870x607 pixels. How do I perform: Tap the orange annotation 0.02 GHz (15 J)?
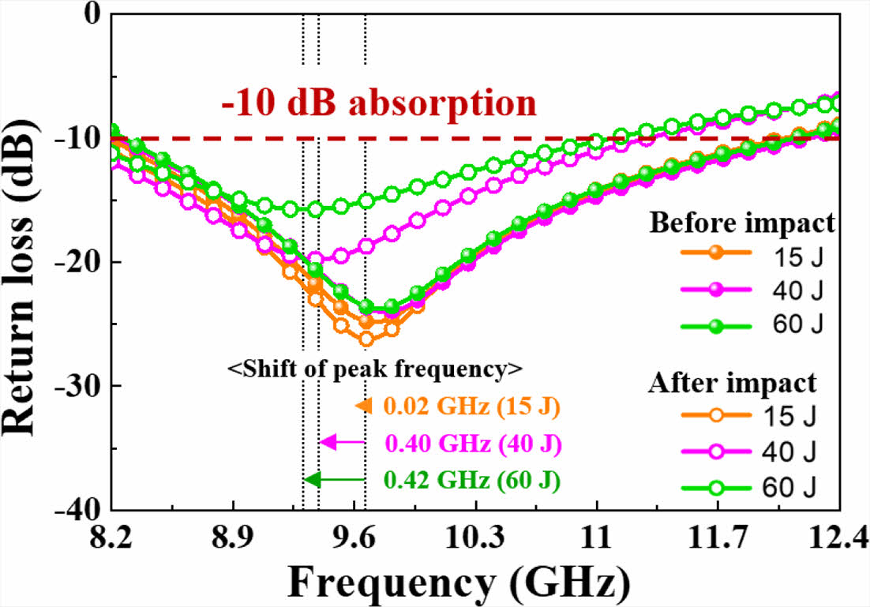[x=471, y=407]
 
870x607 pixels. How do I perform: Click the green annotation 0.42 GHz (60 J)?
[x=472, y=480]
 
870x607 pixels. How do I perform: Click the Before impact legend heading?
[x=741, y=223]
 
